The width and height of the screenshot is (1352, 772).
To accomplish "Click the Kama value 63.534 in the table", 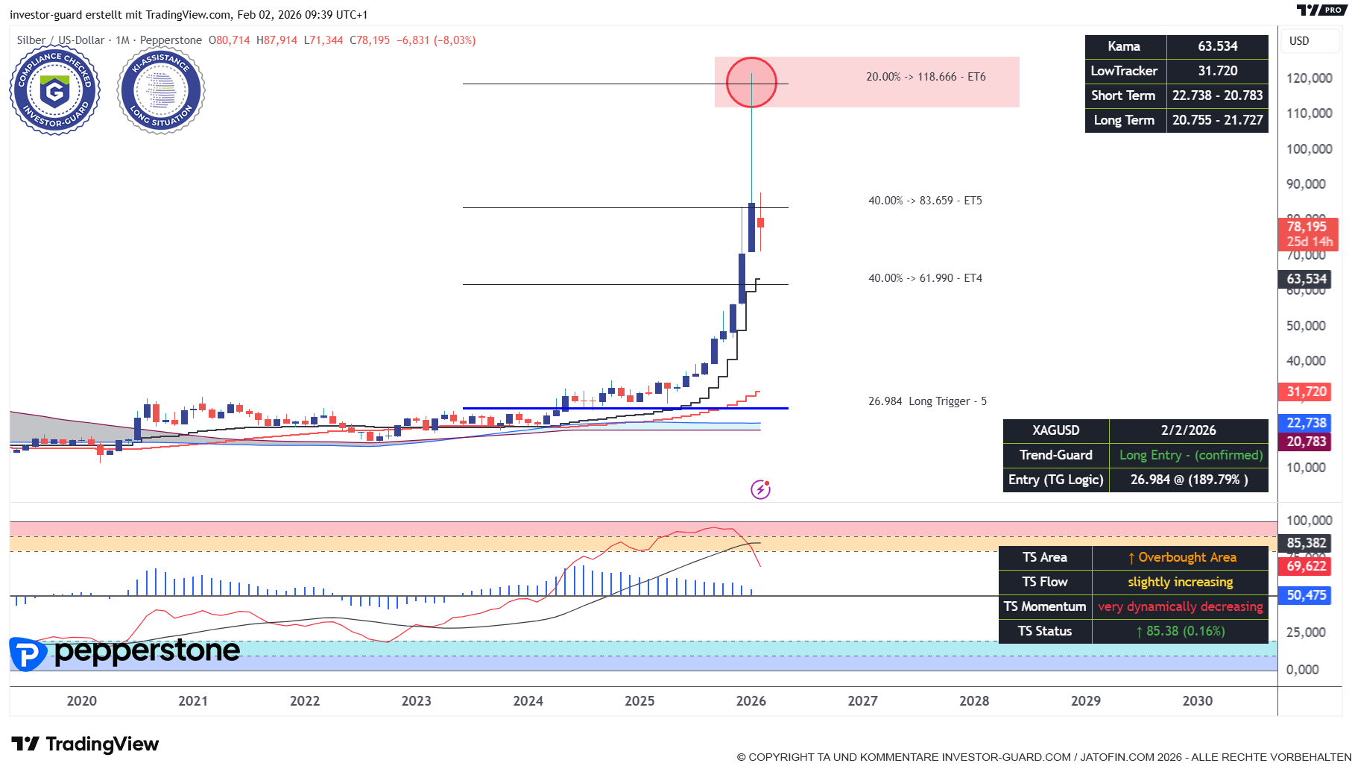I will point(1217,46).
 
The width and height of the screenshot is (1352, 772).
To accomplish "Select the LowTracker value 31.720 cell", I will point(1217,71).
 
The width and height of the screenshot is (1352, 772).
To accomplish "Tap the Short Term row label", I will point(1123,95).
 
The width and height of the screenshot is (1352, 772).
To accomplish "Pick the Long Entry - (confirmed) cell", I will point(1190,455).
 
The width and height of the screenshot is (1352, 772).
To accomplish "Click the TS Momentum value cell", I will point(1180,606).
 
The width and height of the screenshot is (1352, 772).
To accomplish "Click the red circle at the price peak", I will point(751,82).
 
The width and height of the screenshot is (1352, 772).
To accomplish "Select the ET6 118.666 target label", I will point(926,77).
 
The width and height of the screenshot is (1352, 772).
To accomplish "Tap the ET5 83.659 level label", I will point(925,201).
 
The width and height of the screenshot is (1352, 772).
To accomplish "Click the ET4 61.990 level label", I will point(925,278).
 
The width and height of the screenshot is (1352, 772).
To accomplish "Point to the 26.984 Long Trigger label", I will point(927,401).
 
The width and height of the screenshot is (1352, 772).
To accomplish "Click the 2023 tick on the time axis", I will point(416,701).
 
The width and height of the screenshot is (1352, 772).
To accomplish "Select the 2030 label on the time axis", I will point(1197,701).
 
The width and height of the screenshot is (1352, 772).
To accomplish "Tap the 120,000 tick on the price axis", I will point(1309,78).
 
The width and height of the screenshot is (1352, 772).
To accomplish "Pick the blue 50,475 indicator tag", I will point(1306,595).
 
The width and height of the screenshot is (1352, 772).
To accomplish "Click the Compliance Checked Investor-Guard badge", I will point(55,91).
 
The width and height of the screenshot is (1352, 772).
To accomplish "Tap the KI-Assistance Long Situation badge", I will point(161,91).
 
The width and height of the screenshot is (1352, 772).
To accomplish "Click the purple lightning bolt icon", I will point(760,489).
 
